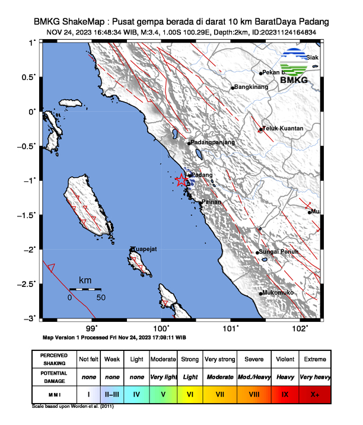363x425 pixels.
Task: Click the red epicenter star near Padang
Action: (181, 180)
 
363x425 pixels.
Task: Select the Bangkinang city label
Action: (252, 87)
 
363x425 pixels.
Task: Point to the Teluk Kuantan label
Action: (284, 128)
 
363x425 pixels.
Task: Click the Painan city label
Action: (212, 202)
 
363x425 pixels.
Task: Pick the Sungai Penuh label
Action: (280, 253)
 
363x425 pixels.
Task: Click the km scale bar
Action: (85, 289)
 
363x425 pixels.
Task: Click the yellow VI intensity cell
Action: (190, 393)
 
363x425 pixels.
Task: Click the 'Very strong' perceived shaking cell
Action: (220, 359)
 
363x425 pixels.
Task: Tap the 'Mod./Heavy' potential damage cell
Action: (253, 376)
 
